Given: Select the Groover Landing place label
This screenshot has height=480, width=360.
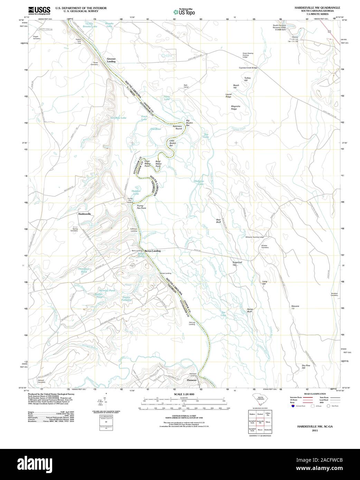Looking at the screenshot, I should pos(111,60).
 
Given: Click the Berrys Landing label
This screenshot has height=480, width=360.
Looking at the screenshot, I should pos(152,251).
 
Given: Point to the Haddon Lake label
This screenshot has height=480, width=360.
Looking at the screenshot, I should pos(135,192).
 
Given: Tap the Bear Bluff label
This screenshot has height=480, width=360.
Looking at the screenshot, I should pos(218,221).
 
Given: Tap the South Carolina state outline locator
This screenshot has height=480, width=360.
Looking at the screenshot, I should pos(259,398).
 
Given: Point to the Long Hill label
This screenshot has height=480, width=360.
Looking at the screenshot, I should pos(265,282).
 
